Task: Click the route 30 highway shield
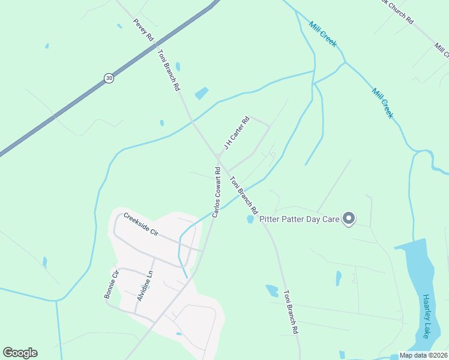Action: tap(108, 77)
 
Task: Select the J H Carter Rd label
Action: tap(236, 133)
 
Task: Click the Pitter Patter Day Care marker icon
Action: tap(349, 218)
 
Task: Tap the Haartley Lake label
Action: tap(425, 316)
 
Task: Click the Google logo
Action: tap(20, 353)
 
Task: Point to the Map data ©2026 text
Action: tap(423, 355)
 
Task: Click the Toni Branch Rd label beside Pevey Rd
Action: tap(169, 70)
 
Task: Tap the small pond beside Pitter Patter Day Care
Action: tap(250, 220)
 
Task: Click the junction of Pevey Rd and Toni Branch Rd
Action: tap(156, 43)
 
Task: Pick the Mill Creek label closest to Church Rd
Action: tap(323, 34)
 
